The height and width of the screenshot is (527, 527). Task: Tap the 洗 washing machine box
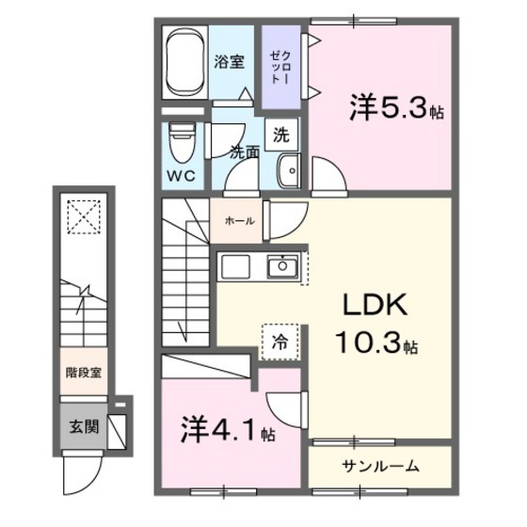[x=281, y=134]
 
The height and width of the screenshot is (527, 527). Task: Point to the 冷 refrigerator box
[x=280, y=339]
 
